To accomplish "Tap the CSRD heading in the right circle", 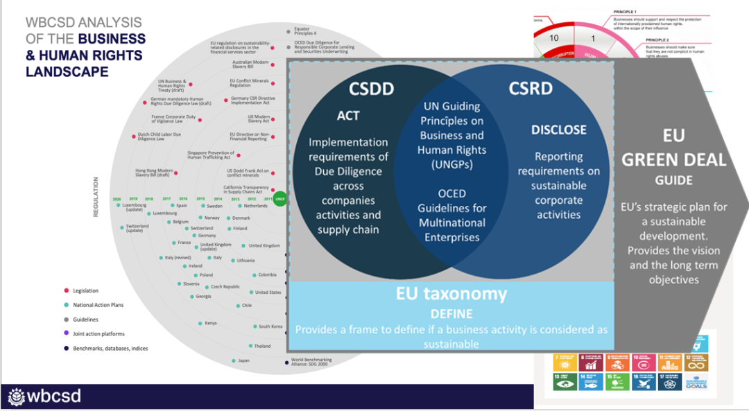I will click(531, 88).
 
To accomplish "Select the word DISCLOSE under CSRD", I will click(558, 130).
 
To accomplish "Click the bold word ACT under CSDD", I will click(348, 115).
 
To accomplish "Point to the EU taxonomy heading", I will click(451, 293).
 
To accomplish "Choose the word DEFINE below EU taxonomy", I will click(451, 313).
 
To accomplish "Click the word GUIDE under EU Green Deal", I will click(673, 180).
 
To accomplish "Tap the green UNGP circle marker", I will click(280, 200).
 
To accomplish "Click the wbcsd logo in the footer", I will click(44, 396).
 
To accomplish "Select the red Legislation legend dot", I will click(65, 291).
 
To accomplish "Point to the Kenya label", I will click(210, 323).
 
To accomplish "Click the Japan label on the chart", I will click(243, 360).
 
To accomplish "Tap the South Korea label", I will click(270, 326).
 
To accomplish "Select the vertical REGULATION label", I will click(96, 198).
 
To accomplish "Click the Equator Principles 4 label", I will click(305, 31).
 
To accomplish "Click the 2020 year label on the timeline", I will click(117, 199).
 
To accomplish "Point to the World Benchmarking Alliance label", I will click(312, 362).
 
